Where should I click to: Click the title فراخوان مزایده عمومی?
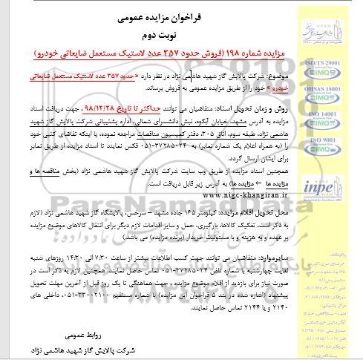[148, 13]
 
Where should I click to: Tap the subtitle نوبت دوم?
[148, 33]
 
